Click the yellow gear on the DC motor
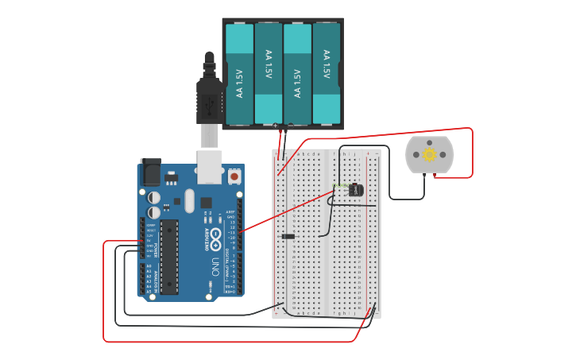430,155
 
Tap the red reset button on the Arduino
234,175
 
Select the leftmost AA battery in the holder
239,74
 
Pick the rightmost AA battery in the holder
326,74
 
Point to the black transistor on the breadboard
355,190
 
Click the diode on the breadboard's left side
288,236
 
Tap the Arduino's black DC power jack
151,172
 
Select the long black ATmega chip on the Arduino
169,257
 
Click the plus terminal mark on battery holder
276,126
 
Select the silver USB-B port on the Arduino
209,167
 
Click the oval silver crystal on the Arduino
189,200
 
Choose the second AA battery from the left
269,74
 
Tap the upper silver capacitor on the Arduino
154,197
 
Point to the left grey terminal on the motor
416,155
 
